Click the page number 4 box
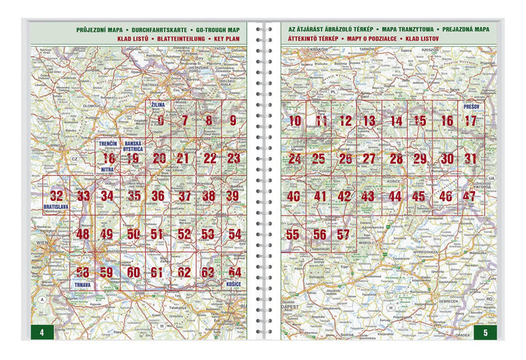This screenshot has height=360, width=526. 42,333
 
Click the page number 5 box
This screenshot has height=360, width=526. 485,333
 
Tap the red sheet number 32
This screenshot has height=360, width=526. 56,196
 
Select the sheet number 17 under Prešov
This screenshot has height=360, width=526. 470,120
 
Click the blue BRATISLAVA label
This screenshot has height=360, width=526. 56,207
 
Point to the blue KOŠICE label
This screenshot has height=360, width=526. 233,283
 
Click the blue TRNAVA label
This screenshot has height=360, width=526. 83,283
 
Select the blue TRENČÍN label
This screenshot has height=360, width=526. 108,144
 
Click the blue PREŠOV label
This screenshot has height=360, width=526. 470,107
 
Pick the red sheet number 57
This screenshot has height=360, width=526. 343,234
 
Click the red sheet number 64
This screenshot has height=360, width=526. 234,272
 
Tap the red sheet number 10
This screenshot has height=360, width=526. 294,120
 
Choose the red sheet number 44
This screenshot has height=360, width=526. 395,196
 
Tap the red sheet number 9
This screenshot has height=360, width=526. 234,120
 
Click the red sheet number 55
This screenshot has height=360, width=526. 293,234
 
